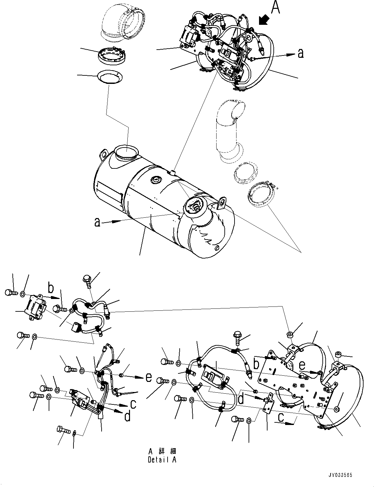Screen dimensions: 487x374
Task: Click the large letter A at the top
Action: point(275,8)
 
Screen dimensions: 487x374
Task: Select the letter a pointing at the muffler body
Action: point(97,222)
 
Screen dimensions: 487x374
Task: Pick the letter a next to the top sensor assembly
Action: point(301,53)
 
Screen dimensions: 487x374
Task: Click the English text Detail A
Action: point(162,460)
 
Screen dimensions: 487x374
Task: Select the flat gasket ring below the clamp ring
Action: point(109,77)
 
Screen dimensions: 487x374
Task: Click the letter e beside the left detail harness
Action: point(149,377)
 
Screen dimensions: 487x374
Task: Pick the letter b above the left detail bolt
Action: point(51,288)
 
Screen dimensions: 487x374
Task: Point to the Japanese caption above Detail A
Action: point(162,451)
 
